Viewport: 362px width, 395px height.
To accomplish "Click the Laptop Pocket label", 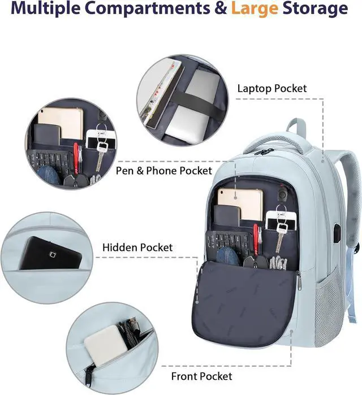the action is (271, 89).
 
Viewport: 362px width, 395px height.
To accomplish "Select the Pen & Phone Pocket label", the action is (164, 170).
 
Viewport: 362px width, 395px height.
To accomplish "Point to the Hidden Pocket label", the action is (137, 248).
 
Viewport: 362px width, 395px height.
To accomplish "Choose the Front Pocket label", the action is (201, 376).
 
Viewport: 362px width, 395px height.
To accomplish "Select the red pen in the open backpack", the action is (257, 237).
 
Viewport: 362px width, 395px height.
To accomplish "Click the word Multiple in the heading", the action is (61, 9).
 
